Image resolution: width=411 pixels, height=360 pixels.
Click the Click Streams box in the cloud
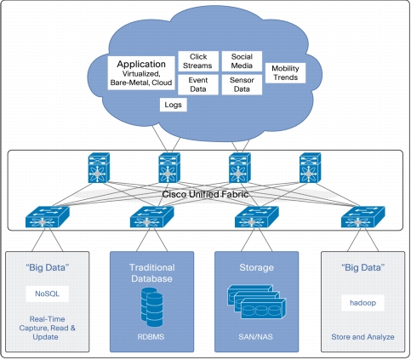[198, 61]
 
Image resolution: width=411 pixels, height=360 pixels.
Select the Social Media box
[242, 61]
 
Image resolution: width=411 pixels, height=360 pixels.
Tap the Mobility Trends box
[285, 73]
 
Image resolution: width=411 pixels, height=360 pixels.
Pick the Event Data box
[198, 84]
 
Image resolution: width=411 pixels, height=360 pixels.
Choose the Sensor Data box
[242, 84]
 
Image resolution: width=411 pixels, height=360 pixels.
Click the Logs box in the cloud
[174, 105]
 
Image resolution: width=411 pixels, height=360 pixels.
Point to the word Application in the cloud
[141, 64]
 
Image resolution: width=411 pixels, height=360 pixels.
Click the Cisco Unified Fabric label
[205, 194]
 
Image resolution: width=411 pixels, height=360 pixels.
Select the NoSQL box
[47, 294]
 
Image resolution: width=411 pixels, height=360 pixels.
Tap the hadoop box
[362, 303]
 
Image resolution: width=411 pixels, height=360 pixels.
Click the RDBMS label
[151, 337]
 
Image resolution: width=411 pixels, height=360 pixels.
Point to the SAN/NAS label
[255, 337]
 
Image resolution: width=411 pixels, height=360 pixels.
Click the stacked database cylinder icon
[152, 307]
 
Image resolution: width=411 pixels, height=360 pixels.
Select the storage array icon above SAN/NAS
[257, 302]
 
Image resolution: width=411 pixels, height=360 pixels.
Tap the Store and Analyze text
[362, 337]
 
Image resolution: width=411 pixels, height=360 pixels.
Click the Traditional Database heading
[151, 273]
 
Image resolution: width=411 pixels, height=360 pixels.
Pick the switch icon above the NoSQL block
[48, 217]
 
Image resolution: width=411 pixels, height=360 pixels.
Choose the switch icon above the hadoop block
[363, 217]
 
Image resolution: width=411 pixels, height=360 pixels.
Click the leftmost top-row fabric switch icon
[99, 168]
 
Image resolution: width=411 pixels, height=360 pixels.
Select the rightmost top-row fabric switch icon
[310, 168]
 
